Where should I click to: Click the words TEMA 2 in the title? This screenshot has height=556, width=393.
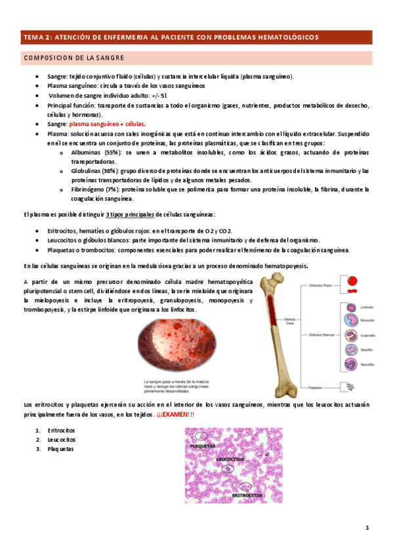tap(34, 37)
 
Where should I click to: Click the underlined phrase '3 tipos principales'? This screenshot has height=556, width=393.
tap(130, 214)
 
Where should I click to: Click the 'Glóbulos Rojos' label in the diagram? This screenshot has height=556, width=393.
tap(320, 286)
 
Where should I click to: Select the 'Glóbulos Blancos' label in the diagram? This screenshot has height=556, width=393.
tap(320, 334)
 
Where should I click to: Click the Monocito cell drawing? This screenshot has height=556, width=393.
tap(349, 321)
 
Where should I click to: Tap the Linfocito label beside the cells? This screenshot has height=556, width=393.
tap(368, 306)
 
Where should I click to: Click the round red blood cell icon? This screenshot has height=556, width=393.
tap(352, 279)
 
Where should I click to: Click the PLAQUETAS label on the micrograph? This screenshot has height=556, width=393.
tap(203, 446)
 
